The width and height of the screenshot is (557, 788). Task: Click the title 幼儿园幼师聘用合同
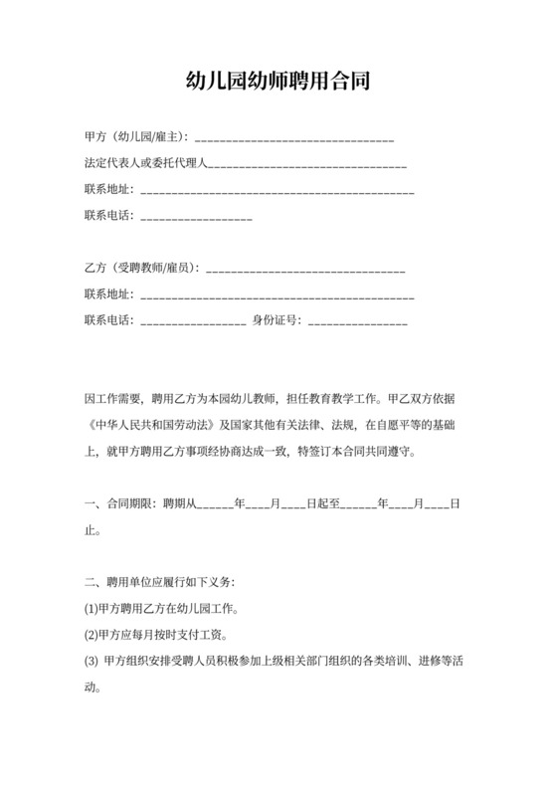(278, 81)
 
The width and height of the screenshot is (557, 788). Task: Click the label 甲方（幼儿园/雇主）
(136, 136)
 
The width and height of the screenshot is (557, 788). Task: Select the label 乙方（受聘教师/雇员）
(141, 268)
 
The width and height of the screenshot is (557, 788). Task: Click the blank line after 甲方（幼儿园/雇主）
(294, 137)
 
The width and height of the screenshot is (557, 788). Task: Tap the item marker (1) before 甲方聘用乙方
(93, 608)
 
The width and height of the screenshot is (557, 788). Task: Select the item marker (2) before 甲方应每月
(93, 634)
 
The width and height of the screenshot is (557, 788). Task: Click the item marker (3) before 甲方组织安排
(93, 660)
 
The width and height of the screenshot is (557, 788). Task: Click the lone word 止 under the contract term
(91, 529)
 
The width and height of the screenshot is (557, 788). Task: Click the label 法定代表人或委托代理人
(146, 162)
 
